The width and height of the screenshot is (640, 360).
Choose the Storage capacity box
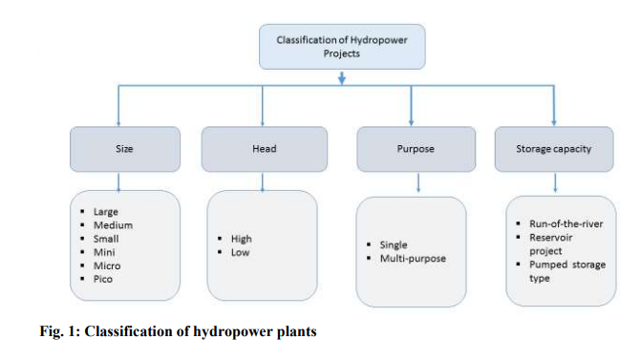pyautogui.click(x=554, y=149)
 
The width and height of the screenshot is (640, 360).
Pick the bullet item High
pyautogui.click(x=242, y=239)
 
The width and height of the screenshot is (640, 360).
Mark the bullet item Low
pyautogui.click(x=240, y=252)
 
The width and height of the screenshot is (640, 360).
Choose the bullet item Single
pyautogui.click(x=394, y=245)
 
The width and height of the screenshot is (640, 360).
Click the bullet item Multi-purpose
pyautogui.click(x=412, y=259)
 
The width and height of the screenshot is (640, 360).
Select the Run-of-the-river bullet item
pyautogui.click(x=565, y=223)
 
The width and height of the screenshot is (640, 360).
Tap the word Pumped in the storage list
pyautogui.click(x=547, y=265)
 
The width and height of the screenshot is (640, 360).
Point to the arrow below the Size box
pyautogui.click(x=117, y=180)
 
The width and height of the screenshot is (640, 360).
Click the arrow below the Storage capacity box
pyautogui.click(x=554, y=180)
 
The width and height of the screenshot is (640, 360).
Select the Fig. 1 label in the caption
pyautogui.click(x=59, y=332)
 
